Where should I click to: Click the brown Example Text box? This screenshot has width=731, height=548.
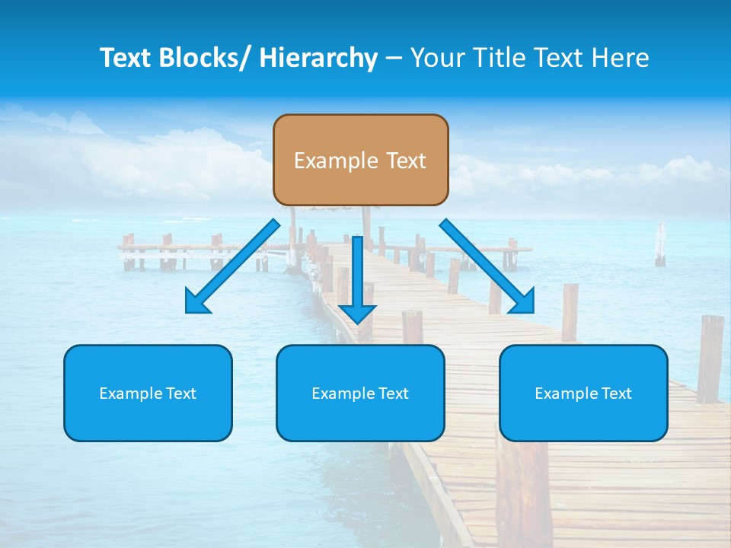click(x=360, y=160)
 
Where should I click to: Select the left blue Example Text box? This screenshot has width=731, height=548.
click(x=148, y=393)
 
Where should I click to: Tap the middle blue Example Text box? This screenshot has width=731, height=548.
click(x=360, y=393)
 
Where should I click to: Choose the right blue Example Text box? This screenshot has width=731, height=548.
click(x=583, y=393)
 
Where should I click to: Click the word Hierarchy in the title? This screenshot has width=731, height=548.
click(x=318, y=58)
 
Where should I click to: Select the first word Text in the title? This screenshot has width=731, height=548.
click(x=125, y=58)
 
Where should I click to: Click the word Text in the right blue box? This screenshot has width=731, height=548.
click(x=616, y=393)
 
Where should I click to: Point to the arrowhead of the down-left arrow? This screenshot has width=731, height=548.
click(x=198, y=302)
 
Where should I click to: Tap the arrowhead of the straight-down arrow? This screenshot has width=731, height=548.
click(x=357, y=313)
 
